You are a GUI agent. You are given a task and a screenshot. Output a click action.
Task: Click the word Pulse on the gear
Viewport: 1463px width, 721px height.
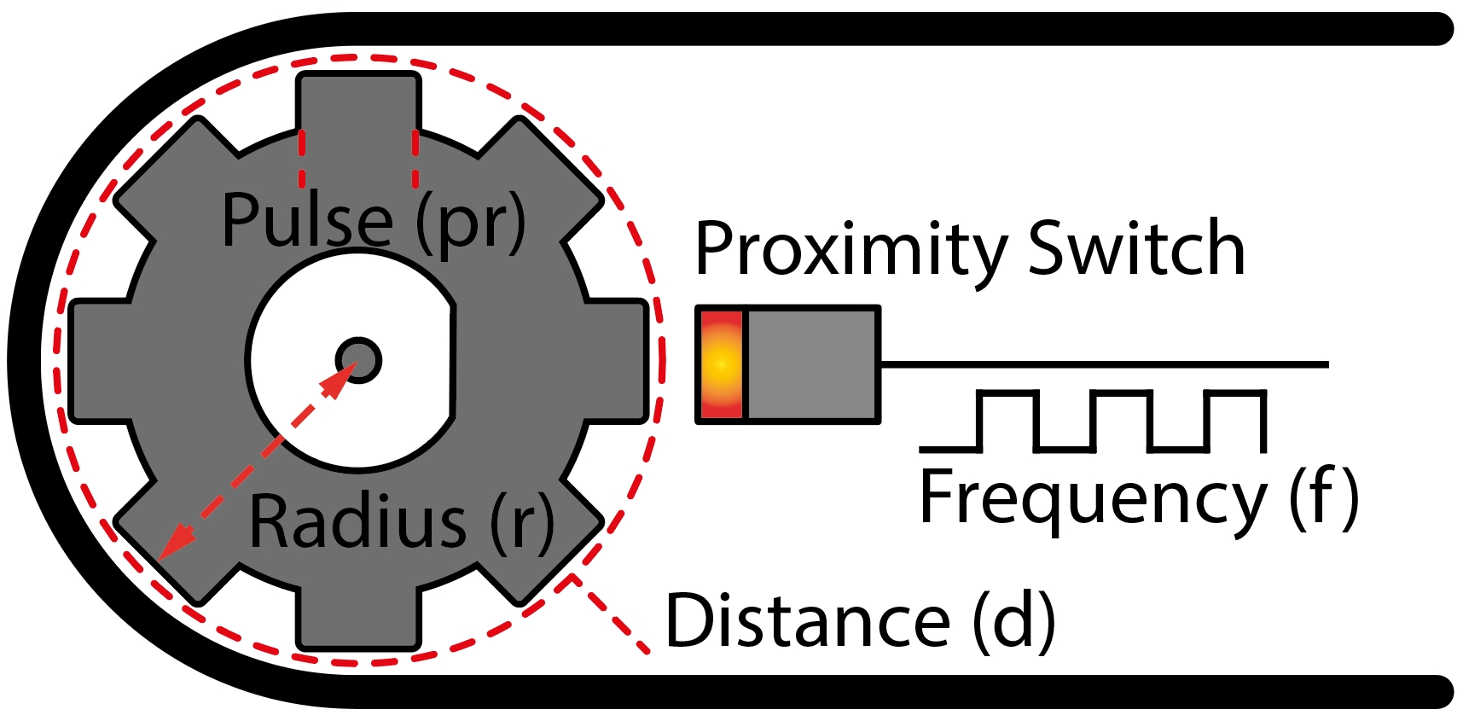point(307,220)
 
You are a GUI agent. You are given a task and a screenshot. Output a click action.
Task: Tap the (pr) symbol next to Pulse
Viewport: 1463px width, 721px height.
point(470,223)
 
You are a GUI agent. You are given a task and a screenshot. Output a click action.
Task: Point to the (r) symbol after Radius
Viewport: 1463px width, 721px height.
point(522,522)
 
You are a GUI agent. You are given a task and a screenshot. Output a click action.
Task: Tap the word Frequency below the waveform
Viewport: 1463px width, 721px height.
point(1093,501)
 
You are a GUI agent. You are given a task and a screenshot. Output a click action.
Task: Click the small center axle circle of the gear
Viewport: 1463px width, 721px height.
point(358,360)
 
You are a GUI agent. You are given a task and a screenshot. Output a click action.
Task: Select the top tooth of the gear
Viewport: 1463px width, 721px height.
point(358,102)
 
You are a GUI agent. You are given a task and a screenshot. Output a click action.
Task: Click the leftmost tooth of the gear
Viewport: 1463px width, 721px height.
point(99,361)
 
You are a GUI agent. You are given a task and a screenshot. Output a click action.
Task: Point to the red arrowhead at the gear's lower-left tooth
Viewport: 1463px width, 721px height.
point(176,543)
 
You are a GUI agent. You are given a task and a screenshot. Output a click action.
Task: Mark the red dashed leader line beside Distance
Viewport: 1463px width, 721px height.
point(609,613)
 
